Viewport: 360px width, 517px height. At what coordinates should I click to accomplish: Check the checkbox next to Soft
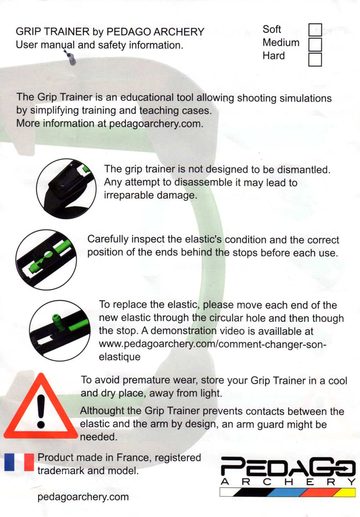[315, 30]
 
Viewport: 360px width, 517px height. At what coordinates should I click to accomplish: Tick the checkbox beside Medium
[315, 44]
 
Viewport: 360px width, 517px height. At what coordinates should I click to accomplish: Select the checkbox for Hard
[315, 60]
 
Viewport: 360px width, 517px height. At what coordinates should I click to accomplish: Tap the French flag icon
[19, 462]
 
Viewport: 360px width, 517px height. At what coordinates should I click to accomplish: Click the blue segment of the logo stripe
[286, 493]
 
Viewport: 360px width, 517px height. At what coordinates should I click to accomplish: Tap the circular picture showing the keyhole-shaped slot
[46, 260]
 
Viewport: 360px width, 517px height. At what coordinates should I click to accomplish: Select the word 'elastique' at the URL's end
[120, 357]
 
